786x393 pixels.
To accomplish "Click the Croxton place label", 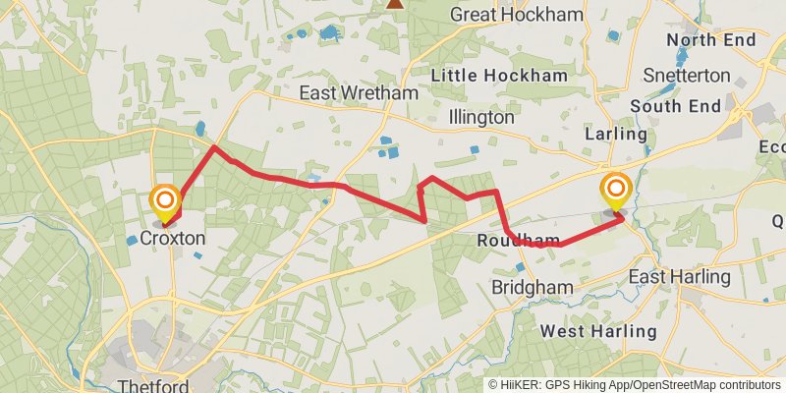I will click(173, 239).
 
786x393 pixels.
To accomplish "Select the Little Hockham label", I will click(501, 76).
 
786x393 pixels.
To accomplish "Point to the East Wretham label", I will click(359, 93).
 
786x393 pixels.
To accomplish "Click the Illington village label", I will click(480, 118).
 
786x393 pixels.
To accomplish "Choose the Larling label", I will click(616, 134).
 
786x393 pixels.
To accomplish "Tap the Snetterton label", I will click(687, 76).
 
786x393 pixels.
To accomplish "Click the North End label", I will click(710, 40).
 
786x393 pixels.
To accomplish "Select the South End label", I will click(676, 105).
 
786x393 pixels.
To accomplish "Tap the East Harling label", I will click(680, 277).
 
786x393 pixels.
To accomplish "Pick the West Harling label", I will click(598, 331).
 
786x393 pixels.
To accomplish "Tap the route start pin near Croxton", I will click(165, 203).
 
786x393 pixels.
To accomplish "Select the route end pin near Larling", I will click(616, 189).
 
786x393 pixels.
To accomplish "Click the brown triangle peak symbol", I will click(395, 3).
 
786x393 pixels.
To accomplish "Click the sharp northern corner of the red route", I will click(214, 146).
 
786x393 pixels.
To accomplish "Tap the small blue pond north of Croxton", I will click(201, 129).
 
